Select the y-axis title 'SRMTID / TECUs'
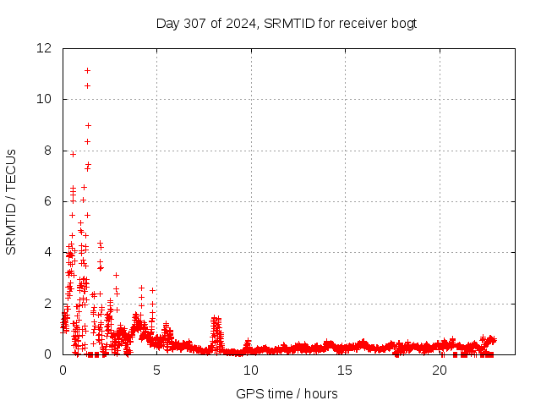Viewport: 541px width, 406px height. (x=11, y=201)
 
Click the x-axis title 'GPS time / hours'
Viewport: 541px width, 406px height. (x=287, y=393)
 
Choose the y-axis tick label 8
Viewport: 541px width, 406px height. (x=50, y=151)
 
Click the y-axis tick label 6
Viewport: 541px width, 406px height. (x=50, y=201)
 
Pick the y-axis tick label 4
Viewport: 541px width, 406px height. (x=50, y=252)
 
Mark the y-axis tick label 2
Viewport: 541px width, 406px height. (x=50, y=303)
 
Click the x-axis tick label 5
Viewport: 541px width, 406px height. (x=157, y=370)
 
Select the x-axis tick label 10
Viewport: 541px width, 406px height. (x=251, y=370)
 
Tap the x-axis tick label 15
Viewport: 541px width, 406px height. (x=345, y=370)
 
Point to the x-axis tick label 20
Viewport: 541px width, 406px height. (x=440, y=370)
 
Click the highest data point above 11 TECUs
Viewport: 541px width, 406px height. (x=87, y=70)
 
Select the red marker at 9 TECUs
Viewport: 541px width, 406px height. (x=88, y=125)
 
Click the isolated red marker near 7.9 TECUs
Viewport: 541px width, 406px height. (x=73, y=154)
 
